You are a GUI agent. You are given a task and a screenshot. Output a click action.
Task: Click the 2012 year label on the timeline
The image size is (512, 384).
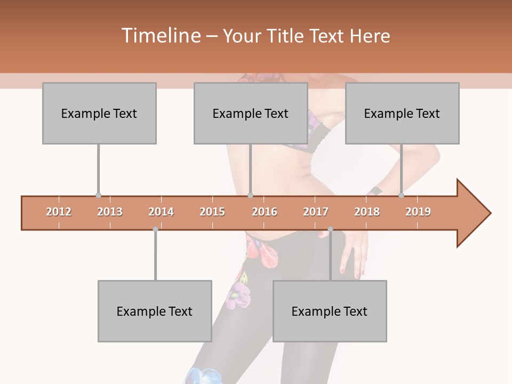click(59, 212)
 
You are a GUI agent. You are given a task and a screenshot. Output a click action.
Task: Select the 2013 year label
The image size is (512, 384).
click(110, 212)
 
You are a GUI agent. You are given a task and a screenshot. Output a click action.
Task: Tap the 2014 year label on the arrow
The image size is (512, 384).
click(161, 212)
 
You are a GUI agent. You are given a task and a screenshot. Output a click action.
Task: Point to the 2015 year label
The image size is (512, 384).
click(212, 212)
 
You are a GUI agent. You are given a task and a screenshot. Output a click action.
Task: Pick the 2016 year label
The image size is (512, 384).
click(265, 212)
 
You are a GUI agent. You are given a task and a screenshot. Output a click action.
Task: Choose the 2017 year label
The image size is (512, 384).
click(316, 212)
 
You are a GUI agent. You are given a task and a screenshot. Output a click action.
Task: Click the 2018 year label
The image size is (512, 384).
click(367, 212)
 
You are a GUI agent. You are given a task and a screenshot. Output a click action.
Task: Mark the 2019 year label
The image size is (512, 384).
click(418, 212)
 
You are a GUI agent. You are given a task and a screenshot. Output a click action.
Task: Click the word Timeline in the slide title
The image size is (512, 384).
click(160, 36)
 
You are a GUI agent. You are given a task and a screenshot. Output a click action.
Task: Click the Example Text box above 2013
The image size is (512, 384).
click(99, 113)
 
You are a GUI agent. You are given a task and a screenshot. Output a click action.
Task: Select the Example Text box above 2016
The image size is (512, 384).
click(251, 113)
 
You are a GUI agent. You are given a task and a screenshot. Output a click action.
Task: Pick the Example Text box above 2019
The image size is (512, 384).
click(402, 113)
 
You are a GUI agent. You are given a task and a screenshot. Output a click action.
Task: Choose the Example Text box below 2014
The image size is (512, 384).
click(155, 311)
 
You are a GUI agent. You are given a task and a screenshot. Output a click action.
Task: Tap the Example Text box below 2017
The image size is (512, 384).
click(330, 311)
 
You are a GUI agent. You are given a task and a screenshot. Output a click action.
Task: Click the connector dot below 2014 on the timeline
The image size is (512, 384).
click(155, 229)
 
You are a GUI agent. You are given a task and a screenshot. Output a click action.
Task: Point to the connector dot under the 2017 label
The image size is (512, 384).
click(330, 229)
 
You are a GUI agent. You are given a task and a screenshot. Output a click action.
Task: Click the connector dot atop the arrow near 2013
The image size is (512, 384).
click(98, 196)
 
